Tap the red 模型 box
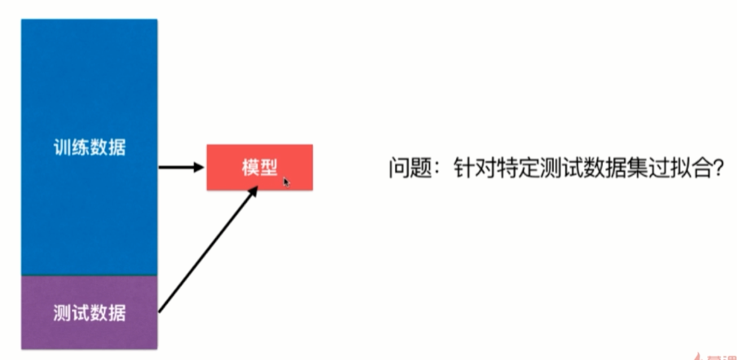click(x=259, y=167)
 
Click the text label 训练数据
click(x=90, y=148)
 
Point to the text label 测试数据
click(x=90, y=312)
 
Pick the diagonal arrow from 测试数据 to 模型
click(x=208, y=248)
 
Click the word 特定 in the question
click(x=515, y=169)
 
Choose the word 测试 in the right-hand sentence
click(x=557, y=169)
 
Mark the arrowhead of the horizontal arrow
click(x=197, y=168)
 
